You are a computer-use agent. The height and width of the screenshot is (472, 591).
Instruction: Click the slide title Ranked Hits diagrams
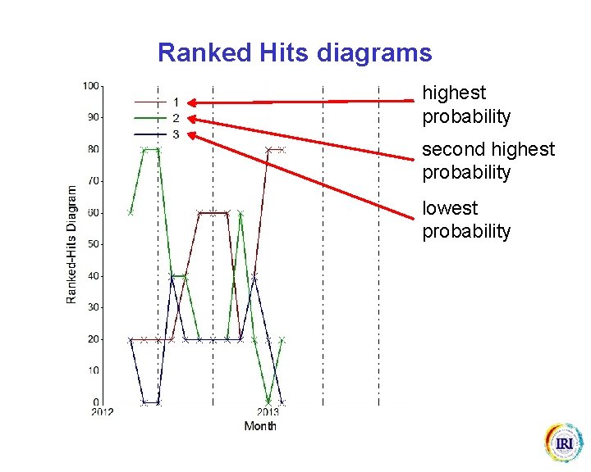294,53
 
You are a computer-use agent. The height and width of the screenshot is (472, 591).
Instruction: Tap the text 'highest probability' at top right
465,105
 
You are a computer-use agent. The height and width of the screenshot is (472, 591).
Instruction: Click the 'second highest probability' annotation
488,161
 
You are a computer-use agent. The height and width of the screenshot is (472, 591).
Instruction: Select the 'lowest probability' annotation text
465,220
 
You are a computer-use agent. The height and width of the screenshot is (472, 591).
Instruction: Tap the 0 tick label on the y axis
96,402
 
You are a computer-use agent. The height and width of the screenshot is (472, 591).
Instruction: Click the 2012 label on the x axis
102,412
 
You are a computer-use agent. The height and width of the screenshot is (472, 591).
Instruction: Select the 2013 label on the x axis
268,412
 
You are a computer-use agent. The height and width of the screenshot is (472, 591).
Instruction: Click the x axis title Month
260,426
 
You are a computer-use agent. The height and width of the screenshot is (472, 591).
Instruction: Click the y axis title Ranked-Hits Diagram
72,244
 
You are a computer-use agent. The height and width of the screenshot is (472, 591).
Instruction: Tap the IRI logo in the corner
563,443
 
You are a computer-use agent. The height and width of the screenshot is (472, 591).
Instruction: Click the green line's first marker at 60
131,212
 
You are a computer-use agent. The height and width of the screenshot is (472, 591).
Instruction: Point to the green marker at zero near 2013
268,402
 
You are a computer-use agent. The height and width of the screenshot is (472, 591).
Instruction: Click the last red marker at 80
282,149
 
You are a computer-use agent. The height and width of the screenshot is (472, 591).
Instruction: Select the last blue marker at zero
282,402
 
